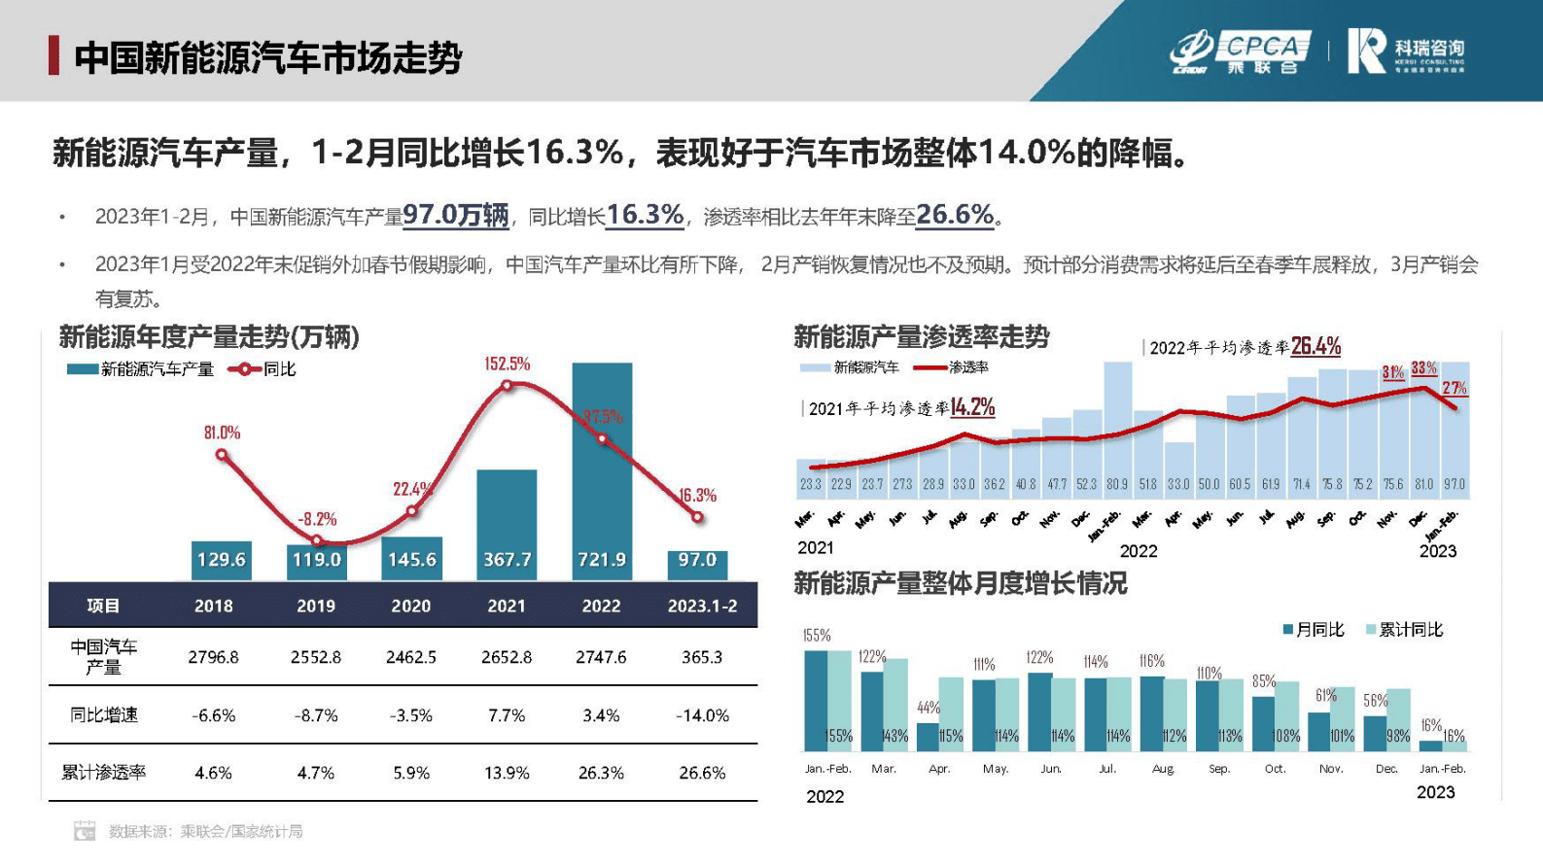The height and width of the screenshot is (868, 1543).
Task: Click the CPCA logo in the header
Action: [1240, 52]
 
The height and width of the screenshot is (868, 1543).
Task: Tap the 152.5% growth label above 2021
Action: [507, 364]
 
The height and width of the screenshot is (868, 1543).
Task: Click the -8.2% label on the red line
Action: [317, 519]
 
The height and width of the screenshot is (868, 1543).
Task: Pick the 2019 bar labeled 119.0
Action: [317, 561]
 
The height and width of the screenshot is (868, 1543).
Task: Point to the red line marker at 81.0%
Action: [222, 454]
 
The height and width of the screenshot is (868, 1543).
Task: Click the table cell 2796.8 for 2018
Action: [213, 657]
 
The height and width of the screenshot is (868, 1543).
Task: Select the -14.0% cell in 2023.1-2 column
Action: [702, 715]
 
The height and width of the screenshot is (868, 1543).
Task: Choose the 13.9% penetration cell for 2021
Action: [507, 773]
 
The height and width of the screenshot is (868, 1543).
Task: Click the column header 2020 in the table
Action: [410, 606]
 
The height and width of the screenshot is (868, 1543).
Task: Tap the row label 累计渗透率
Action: [103, 773]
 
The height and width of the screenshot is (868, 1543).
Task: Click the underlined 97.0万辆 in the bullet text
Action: [455, 215]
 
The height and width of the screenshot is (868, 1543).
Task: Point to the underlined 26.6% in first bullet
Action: [954, 215]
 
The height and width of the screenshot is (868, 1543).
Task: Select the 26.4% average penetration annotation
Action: [1315, 346]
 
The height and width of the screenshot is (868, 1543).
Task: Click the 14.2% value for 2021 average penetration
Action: [972, 407]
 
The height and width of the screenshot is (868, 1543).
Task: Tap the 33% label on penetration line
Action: [1423, 368]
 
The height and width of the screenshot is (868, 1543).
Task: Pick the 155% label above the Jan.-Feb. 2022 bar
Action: [816, 636]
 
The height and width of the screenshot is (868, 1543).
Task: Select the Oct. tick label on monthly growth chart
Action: [1275, 769]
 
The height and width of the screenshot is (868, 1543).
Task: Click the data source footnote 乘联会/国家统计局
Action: [241, 831]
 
